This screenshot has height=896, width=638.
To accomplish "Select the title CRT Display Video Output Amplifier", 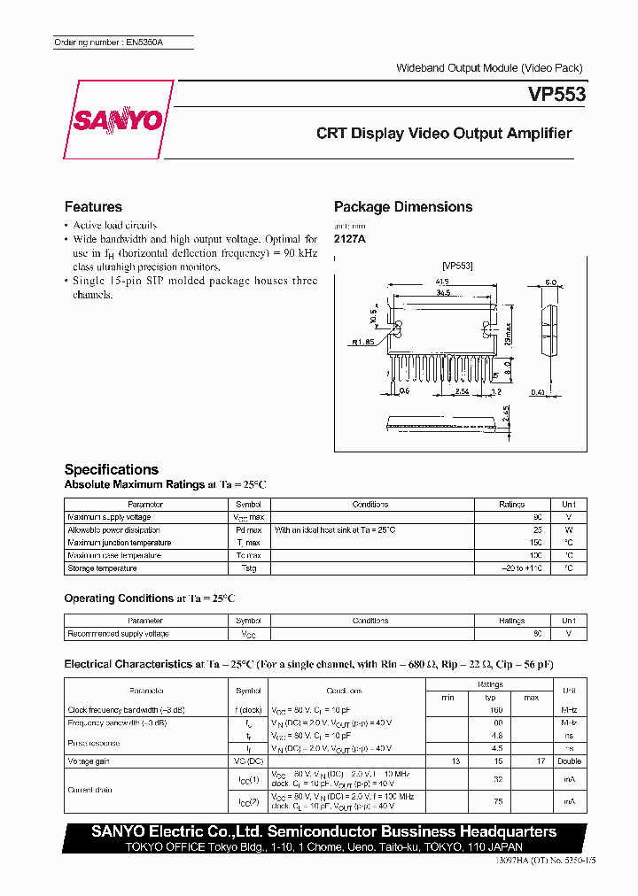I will click(x=444, y=134).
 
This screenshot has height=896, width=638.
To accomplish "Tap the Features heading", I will click(x=93, y=206).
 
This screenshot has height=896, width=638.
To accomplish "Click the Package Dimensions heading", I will click(x=403, y=206).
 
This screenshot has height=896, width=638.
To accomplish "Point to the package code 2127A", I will click(x=349, y=239).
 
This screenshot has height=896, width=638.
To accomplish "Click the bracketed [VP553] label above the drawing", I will click(x=457, y=265).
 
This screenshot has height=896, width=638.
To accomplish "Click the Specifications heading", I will click(x=111, y=469).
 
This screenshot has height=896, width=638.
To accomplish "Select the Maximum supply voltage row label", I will click(x=109, y=517).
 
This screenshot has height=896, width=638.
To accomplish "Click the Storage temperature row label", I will click(x=102, y=568).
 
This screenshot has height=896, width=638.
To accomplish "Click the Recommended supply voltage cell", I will click(x=118, y=634).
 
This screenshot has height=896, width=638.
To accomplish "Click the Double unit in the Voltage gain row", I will click(x=568, y=761).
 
